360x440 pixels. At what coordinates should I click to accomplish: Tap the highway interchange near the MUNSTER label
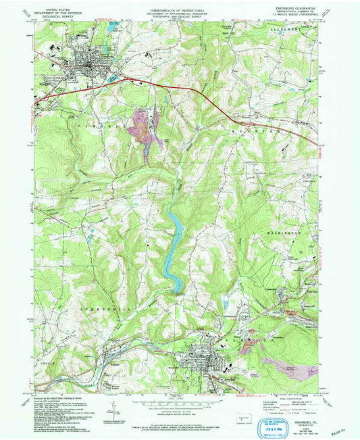[243, 124]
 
